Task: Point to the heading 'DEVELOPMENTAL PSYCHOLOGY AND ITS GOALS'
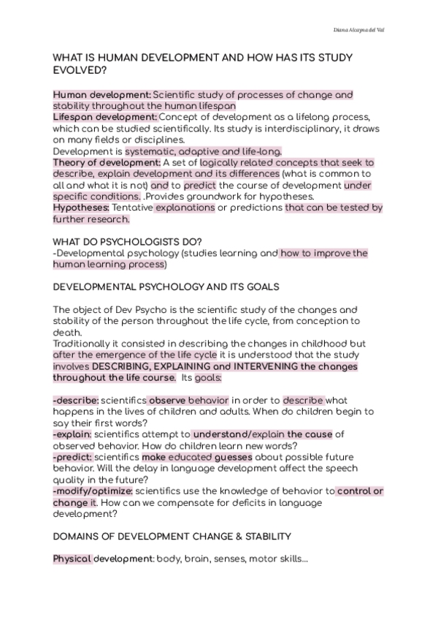[x=169, y=286]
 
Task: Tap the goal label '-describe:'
[x=76, y=401]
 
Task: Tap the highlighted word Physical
[x=72, y=559]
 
